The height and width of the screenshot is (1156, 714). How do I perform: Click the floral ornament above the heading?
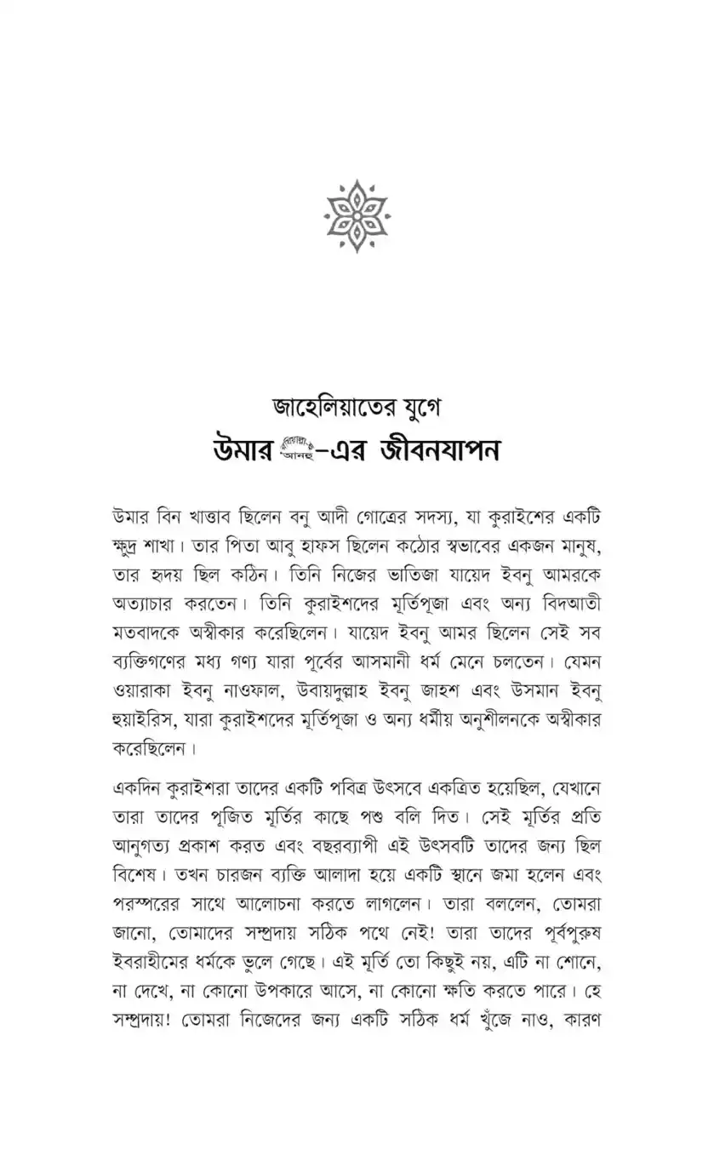click(x=357, y=210)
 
